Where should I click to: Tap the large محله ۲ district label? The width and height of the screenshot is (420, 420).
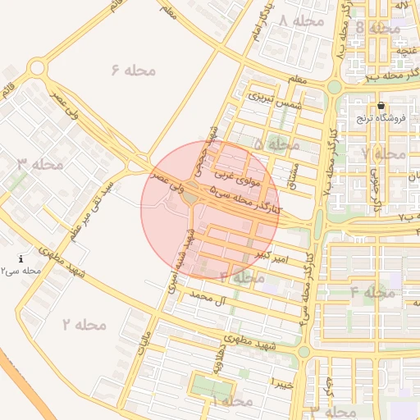point(84,324)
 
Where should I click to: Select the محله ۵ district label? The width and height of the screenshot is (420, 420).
point(276,144)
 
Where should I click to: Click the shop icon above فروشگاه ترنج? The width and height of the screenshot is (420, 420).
point(381,106)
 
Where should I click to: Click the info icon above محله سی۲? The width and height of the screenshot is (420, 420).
point(21,258)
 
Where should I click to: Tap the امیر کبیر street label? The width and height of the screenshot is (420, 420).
point(272,258)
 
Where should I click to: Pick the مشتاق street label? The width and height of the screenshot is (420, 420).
point(292,171)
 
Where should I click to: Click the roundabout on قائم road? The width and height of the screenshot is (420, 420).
point(36,68)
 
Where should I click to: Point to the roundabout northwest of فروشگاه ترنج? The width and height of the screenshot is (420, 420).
point(334,86)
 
